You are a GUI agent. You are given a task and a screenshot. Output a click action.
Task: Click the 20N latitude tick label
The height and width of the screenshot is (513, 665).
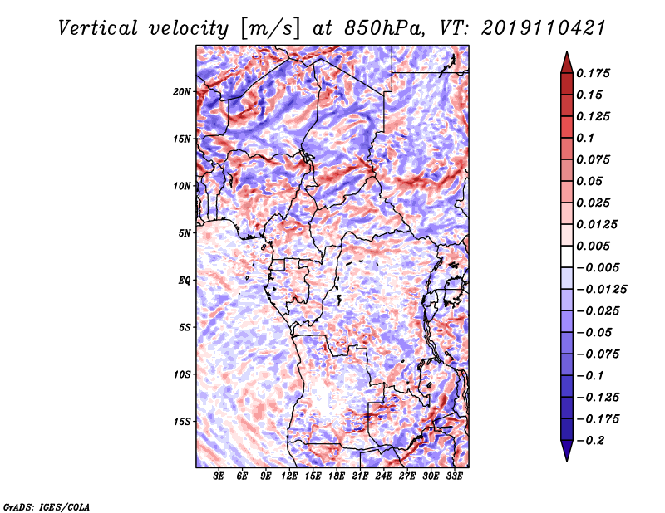pyautogui.click(x=181, y=92)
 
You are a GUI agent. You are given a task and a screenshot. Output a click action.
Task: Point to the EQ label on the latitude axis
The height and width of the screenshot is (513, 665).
pyautogui.click(x=184, y=281)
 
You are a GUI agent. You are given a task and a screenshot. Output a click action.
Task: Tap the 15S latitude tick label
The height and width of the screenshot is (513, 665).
pyautogui.click(x=181, y=422)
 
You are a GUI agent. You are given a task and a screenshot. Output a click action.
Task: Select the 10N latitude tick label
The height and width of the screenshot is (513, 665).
pyautogui.click(x=181, y=186)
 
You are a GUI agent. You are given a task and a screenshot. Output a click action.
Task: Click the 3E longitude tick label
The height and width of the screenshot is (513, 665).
pyautogui.click(x=219, y=476)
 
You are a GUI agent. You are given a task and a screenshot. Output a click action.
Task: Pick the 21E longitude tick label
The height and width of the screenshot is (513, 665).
pyautogui.click(x=360, y=476)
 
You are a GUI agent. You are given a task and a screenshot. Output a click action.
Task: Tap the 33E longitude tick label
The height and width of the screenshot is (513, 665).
pyautogui.click(x=454, y=476)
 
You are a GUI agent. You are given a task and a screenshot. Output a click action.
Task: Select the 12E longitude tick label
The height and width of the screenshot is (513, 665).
pyautogui.click(x=288, y=476)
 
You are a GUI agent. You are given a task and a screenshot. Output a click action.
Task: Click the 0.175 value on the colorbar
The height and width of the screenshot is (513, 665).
pyautogui.click(x=593, y=73)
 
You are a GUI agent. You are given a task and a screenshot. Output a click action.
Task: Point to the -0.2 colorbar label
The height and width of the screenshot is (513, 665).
pyautogui.click(x=590, y=441)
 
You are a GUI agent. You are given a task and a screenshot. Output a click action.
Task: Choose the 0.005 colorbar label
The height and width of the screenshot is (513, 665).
pyautogui.click(x=593, y=246)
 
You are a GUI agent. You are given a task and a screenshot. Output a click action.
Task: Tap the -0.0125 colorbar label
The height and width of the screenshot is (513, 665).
pyautogui.click(x=601, y=290)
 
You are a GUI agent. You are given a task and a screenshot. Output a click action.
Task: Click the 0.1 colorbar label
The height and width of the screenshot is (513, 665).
pyautogui.click(x=585, y=138)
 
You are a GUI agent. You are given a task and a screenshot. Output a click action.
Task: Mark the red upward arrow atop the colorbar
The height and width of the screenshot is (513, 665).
pyautogui.click(x=567, y=62)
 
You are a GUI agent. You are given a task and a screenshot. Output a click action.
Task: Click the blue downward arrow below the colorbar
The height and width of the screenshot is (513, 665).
pyautogui.click(x=567, y=451)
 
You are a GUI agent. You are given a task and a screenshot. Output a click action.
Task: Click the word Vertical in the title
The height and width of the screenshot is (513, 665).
pyautogui.click(x=98, y=28)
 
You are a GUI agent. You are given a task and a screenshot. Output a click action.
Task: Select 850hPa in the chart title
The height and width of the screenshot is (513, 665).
pyautogui.click(x=384, y=28)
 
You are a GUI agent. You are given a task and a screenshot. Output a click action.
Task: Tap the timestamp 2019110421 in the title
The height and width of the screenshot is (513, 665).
pyautogui.click(x=544, y=28)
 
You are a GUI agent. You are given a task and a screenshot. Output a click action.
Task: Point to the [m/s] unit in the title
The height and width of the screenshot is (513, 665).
pyautogui.click(x=270, y=29)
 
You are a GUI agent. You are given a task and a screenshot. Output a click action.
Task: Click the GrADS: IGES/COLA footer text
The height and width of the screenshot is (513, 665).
pyautogui.click(x=47, y=506)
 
